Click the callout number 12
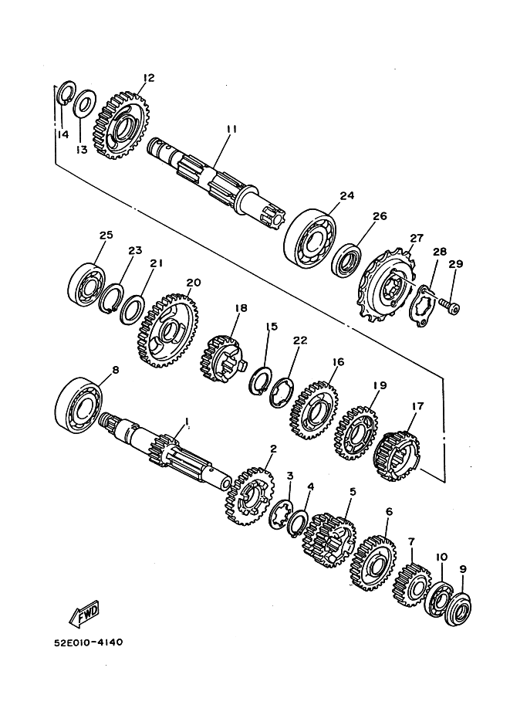pos(149,77)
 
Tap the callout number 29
pos(455,265)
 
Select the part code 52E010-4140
pos(90,642)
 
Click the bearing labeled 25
pos(90,282)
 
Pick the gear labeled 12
pos(120,124)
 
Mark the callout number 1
pos(186,422)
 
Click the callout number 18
pos(241,308)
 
